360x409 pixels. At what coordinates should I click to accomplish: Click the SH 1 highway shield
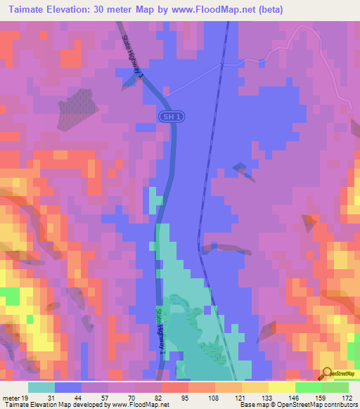167,117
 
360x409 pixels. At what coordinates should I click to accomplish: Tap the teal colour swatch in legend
41,387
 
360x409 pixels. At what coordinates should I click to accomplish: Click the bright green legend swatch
309,387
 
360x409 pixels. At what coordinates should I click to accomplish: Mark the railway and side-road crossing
221,65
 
